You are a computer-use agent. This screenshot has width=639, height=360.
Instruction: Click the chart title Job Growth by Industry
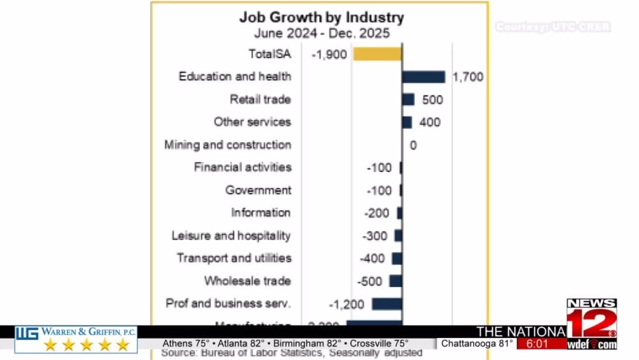point(321,17)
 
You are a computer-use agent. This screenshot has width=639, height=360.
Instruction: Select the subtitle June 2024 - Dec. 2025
point(321,33)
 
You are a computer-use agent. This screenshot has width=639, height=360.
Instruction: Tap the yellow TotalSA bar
point(378,54)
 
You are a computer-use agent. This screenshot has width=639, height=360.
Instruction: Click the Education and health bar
point(423,77)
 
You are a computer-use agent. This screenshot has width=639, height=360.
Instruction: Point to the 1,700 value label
point(467,77)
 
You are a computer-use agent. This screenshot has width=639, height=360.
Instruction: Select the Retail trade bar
point(408,99)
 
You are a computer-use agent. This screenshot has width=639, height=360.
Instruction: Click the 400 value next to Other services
point(430,122)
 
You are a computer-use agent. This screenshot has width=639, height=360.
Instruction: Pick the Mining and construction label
point(228,145)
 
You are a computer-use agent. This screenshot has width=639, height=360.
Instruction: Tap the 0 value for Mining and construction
point(413,146)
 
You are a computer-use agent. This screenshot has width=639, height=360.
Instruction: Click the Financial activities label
point(242,167)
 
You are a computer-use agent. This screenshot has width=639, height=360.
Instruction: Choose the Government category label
point(258,190)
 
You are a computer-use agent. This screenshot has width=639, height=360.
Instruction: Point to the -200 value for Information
point(376,213)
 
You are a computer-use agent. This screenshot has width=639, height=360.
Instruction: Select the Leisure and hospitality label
point(231,236)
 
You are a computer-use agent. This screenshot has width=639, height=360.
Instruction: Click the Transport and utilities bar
point(397,258)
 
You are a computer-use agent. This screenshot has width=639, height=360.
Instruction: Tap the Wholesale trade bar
point(396,281)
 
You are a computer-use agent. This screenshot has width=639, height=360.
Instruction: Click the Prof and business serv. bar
point(387,304)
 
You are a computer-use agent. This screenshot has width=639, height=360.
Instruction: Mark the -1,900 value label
point(329,55)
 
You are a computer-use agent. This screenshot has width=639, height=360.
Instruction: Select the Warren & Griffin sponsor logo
point(76,339)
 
